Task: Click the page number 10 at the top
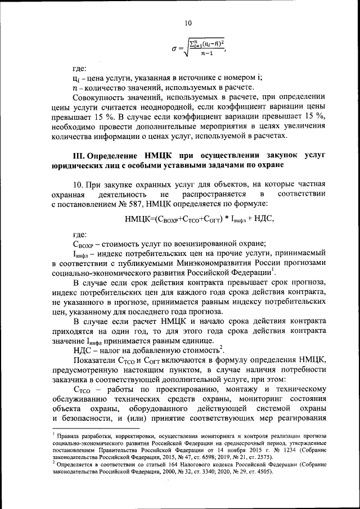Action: pyautogui.click(x=187, y=23)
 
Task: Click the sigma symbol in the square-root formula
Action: pyautogui.click(x=174, y=49)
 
